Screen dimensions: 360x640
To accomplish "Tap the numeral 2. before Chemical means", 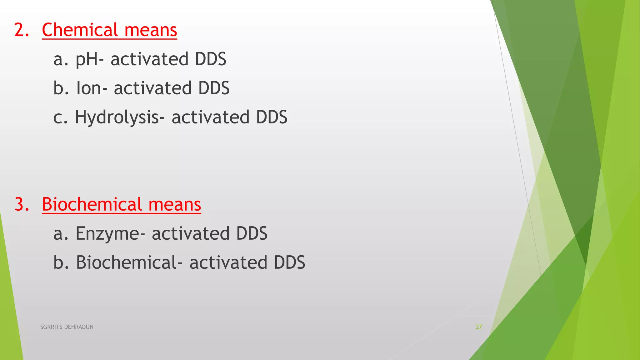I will [22, 30].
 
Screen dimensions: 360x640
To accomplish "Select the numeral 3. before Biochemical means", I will [22, 204].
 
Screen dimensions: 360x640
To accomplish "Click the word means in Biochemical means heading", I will [175, 204].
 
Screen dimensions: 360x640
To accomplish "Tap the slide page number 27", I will [479, 327].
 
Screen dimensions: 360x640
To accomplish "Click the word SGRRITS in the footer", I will [52, 327].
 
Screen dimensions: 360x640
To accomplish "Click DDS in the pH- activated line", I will [211, 59].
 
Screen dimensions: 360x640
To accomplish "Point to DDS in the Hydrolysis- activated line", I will [272, 117].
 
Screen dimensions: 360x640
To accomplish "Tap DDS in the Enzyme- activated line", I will [252, 234].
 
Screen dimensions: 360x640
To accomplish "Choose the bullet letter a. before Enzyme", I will [61, 234].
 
